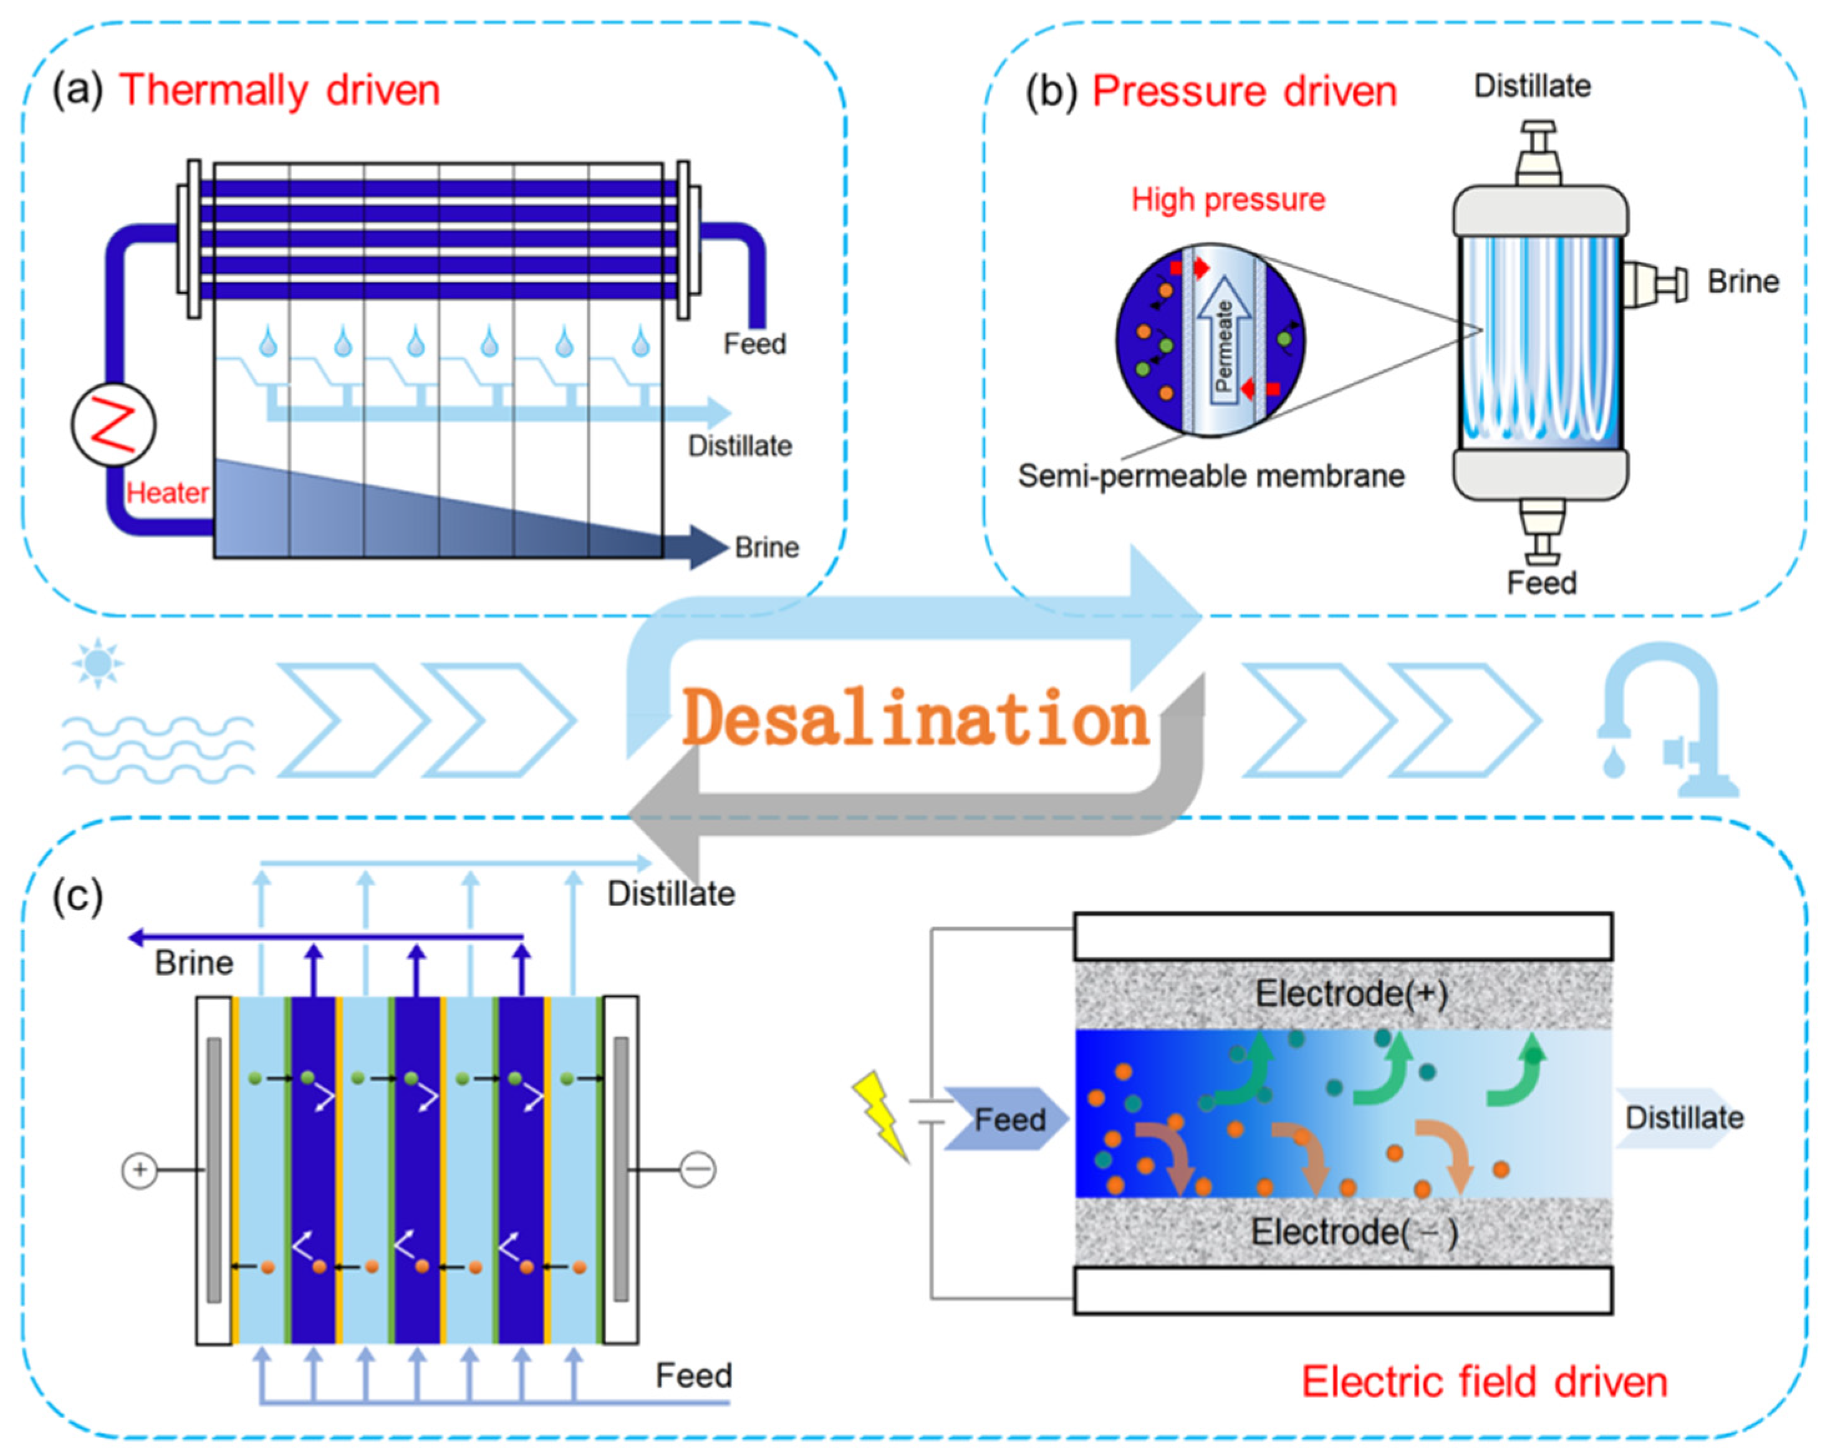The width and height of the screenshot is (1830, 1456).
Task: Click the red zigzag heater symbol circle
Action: pyautogui.click(x=113, y=425)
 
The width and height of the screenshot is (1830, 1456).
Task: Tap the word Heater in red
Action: pyautogui.click(x=167, y=493)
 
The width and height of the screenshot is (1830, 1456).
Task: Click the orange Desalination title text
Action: pyautogui.click(x=915, y=719)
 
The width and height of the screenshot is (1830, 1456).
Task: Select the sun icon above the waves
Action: pyautogui.click(x=98, y=662)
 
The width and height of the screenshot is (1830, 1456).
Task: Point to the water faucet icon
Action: pyautogui.click(x=1664, y=721)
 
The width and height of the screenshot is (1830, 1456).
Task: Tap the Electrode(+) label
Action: pyautogui.click(x=1351, y=993)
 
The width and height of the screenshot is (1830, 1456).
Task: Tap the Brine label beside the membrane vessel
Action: pyautogui.click(x=1743, y=282)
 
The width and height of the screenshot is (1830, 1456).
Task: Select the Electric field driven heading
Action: pyautogui.click(x=1485, y=1382)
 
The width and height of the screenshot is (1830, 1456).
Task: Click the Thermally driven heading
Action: pyautogui.click(x=279, y=90)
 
